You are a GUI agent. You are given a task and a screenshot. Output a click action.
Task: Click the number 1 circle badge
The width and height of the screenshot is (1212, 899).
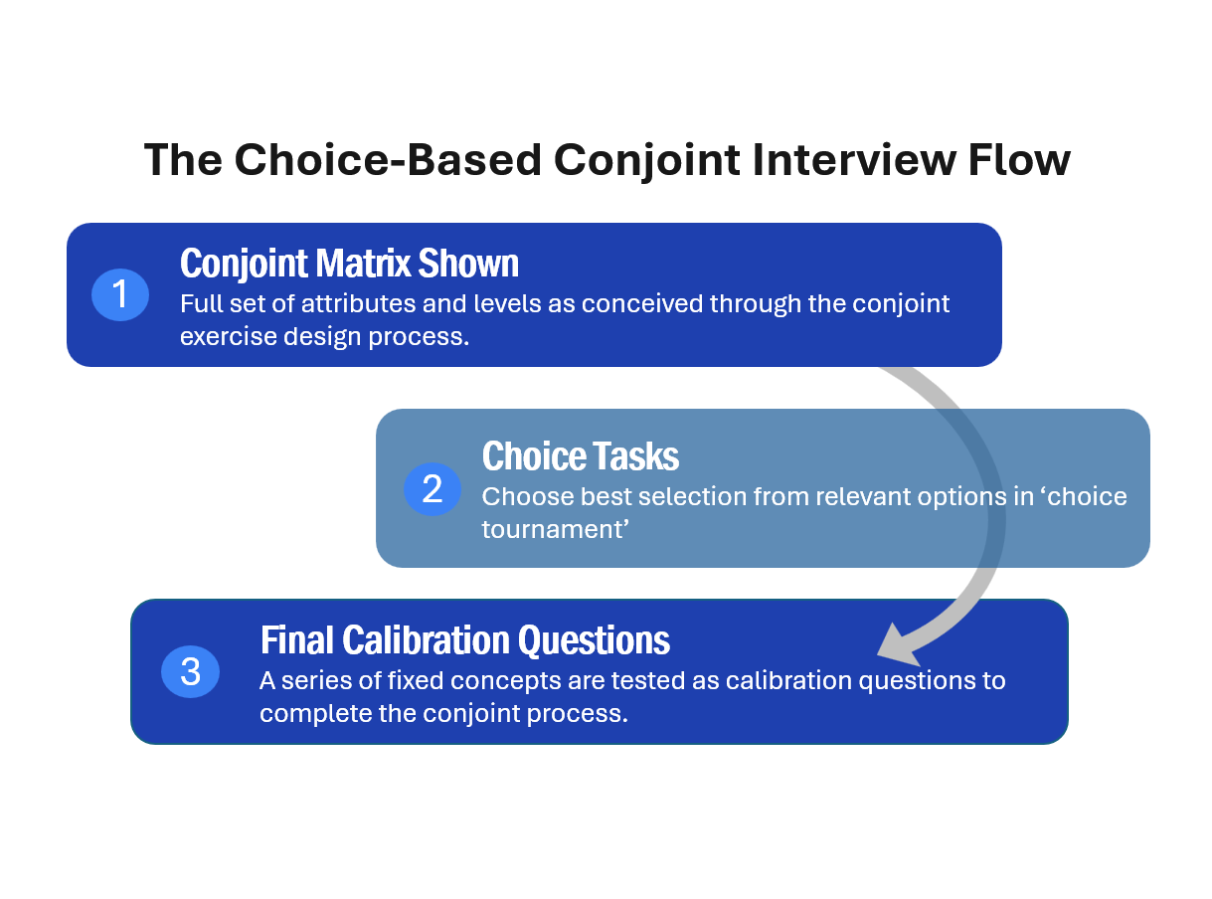point(120,294)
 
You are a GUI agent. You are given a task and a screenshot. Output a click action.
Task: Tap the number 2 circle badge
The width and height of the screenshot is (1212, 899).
point(433,488)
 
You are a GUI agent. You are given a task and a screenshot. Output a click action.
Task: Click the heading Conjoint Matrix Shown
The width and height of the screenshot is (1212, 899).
point(349,264)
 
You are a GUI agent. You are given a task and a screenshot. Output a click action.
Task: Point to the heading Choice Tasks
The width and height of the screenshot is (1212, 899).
point(581,455)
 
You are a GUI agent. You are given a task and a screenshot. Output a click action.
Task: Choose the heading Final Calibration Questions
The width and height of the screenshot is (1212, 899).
point(464,639)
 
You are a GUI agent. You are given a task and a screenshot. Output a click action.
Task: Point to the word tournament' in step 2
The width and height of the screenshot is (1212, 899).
point(555,529)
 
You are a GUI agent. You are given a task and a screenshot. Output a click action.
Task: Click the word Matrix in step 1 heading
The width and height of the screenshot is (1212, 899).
point(364,264)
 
